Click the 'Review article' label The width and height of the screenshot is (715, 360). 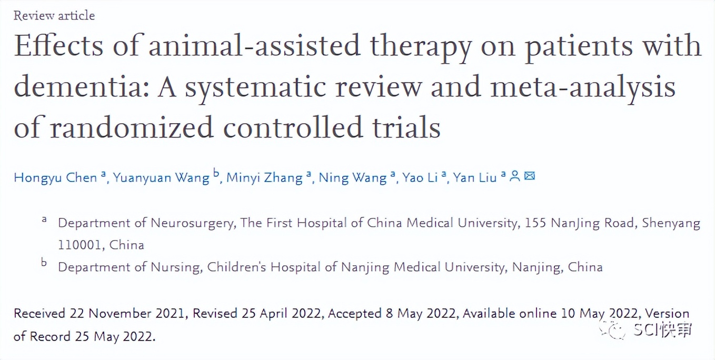tap(54, 16)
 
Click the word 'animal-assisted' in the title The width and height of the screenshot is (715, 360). tap(255, 46)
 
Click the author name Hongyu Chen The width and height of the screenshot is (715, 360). tap(55, 178)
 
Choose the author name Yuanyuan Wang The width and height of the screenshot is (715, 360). tap(161, 178)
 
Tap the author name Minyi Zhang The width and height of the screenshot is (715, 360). tap(264, 178)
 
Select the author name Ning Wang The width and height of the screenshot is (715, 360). tap(353, 178)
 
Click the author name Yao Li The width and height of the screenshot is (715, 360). tap(420, 178)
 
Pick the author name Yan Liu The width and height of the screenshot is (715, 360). tap(475, 178)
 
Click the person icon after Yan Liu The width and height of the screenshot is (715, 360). tap(515, 176)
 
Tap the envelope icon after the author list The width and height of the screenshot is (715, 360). tap(530, 176)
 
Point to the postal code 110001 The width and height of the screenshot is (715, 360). tap(80, 245)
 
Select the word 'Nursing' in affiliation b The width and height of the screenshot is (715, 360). tap(175, 267)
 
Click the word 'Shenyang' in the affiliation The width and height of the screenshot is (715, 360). tap(671, 223)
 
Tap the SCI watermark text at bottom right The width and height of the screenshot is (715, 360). tap(662, 330)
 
